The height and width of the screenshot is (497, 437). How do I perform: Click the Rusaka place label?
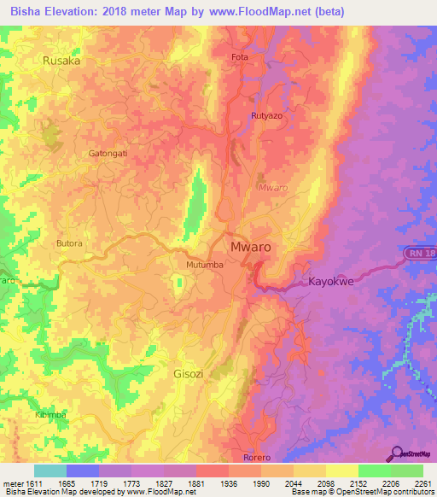[61, 61]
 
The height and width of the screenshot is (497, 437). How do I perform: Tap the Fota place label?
[241, 58]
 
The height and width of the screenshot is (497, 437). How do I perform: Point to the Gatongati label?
[108, 154]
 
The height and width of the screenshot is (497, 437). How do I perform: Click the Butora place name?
[69, 243]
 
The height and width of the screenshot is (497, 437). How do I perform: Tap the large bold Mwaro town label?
[252, 247]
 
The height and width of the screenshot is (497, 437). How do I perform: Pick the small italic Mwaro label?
[272, 185]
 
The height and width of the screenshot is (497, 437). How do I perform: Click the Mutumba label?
[205, 265]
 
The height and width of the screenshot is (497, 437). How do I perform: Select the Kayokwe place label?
[333, 280]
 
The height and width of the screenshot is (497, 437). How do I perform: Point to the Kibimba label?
[51, 414]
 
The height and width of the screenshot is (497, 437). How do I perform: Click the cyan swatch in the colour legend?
[50, 471]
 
